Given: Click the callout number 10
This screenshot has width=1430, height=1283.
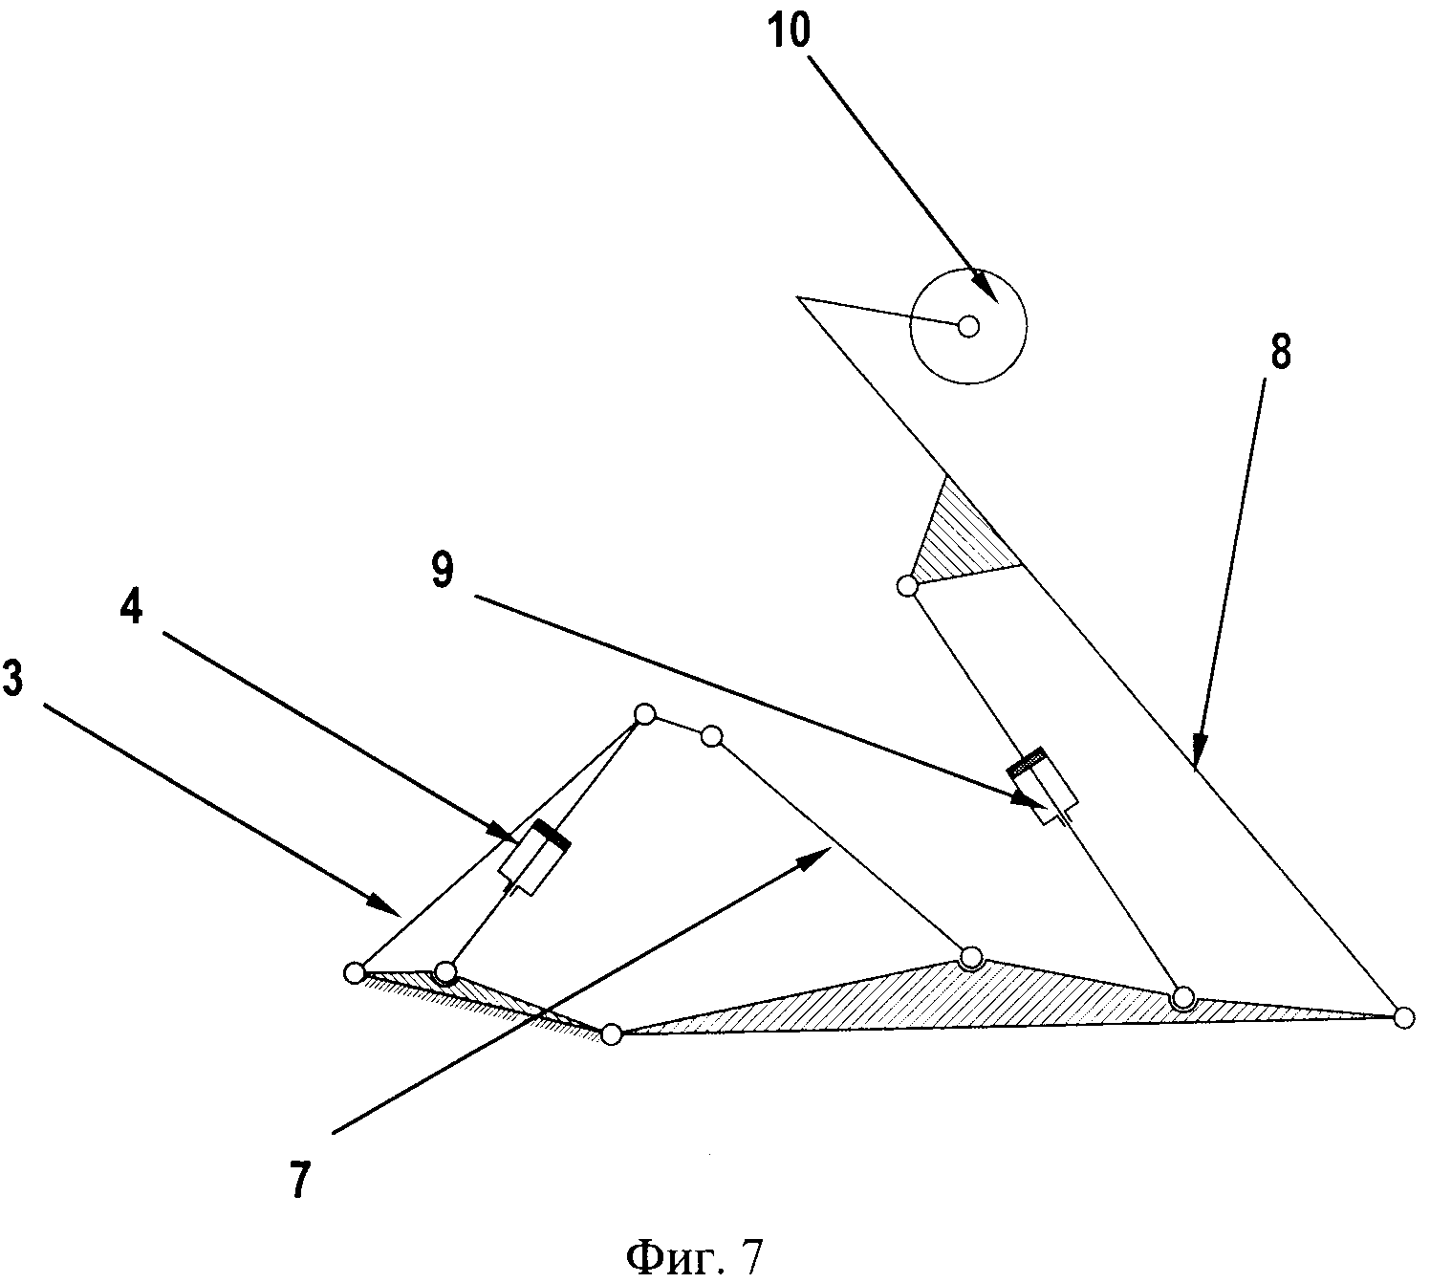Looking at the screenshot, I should (x=790, y=31).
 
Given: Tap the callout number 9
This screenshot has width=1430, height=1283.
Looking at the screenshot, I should (x=443, y=572).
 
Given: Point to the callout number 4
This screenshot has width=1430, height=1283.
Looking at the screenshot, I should (x=132, y=607).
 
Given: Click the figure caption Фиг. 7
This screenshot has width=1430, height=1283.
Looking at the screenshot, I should (x=695, y=1256).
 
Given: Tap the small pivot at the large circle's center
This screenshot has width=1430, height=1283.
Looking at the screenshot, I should (x=968, y=327).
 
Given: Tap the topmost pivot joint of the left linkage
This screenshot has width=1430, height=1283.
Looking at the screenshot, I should (x=644, y=714).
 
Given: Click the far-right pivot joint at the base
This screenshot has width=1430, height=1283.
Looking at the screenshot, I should (x=1403, y=1017).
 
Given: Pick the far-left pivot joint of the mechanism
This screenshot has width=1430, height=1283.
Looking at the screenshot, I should (x=354, y=973).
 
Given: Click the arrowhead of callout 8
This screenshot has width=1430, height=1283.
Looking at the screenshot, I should (x=1199, y=751).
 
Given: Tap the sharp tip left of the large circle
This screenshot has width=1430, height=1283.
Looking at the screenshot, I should (x=798, y=298).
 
